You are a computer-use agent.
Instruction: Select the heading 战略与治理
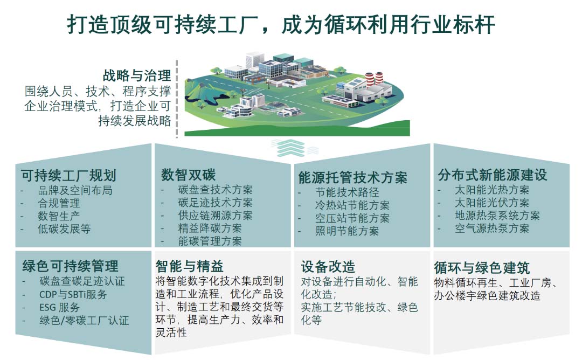point(137,75)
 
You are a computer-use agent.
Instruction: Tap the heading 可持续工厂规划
point(68,176)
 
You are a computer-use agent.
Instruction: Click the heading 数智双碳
point(188,175)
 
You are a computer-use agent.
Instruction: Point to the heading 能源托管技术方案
point(353,177)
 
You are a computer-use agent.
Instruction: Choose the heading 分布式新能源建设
point(493,175)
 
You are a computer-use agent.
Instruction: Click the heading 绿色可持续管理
point(70,266)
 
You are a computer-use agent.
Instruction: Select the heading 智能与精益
point(189,266)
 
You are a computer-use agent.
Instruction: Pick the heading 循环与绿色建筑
point(482,268)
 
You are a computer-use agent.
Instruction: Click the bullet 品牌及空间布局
point(74,190)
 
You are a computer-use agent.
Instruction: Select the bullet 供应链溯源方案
point(215,215)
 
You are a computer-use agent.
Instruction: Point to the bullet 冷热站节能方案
point(352,205)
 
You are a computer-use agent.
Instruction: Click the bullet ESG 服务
point(59,307)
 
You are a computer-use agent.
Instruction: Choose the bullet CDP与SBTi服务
point(73,294)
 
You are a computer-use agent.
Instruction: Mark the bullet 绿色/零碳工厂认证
point(84,321)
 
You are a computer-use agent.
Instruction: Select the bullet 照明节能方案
point(347,231)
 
